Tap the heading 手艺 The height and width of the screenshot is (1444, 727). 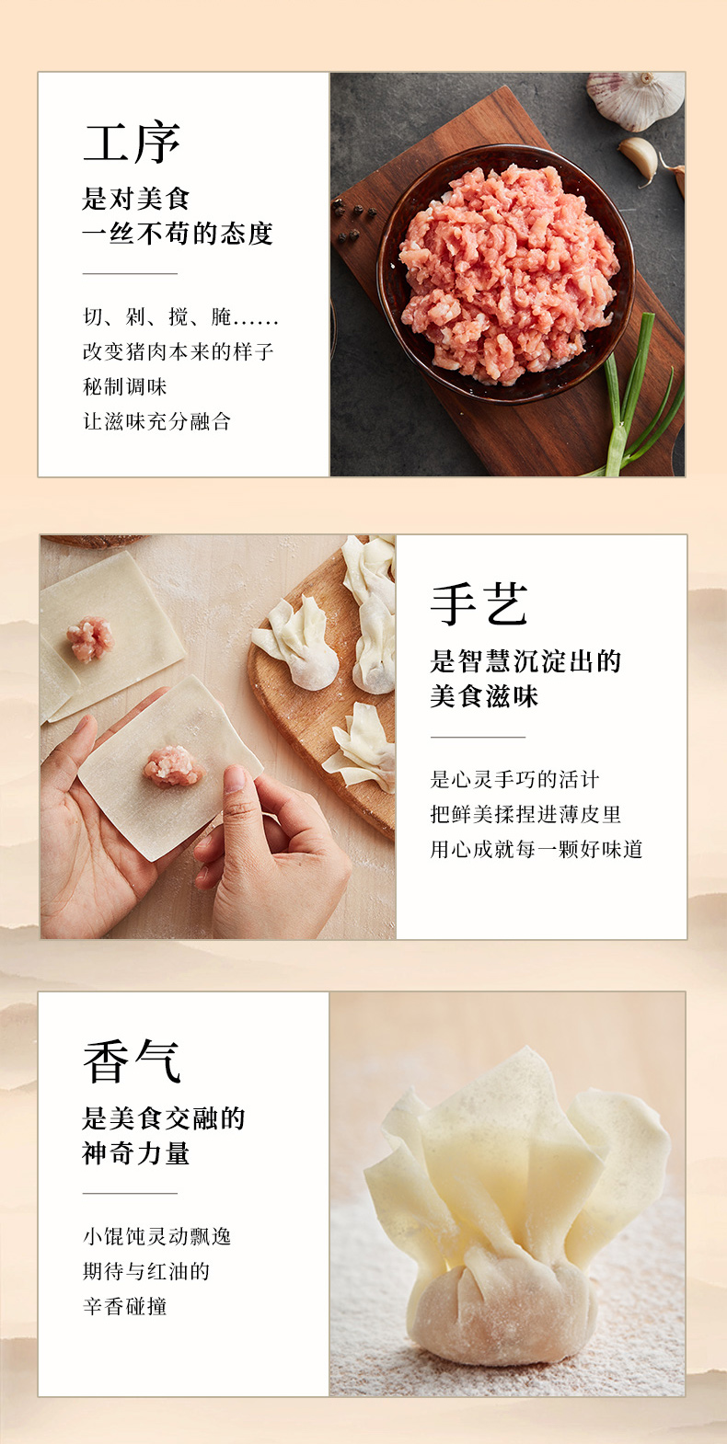tap(479, 604)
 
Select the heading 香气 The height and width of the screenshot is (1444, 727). tap(132, 1061)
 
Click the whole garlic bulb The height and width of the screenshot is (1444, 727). tap(636, 99)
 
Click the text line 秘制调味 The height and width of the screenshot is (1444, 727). tap(124, 387)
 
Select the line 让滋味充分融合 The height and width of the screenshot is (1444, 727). tap(156, 421)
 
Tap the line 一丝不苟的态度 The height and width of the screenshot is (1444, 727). tap(178, 234)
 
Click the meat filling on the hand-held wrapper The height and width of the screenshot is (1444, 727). tap(171, 767)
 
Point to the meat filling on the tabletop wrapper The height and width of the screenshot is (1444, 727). tap(89, 639)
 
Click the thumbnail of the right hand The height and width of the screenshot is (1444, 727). tap(235, 779)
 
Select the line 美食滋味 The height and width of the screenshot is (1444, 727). tap(484, 696)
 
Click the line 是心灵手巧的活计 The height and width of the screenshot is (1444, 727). tap(514, 779)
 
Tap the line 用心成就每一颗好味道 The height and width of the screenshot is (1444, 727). tap(537, 849)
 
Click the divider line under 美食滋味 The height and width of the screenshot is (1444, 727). tap(478, 737)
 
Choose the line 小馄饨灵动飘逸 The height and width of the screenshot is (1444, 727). tap(156, 1236)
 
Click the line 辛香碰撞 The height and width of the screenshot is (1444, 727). tap(124, 1306)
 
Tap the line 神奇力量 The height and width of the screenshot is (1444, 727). tap(135, 1153)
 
